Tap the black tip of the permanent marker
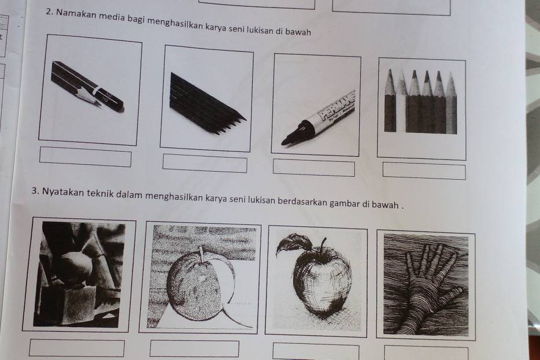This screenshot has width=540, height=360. click(286, 141)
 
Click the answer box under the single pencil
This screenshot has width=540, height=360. click(86, 157)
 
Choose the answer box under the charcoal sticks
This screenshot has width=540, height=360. click(205, 163)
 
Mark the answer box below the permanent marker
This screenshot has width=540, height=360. click(314, 168)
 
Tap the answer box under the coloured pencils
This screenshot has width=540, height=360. click(424, 171)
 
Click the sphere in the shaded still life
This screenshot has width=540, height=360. click(77, 268)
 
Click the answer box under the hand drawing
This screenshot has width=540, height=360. click(426, 353)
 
